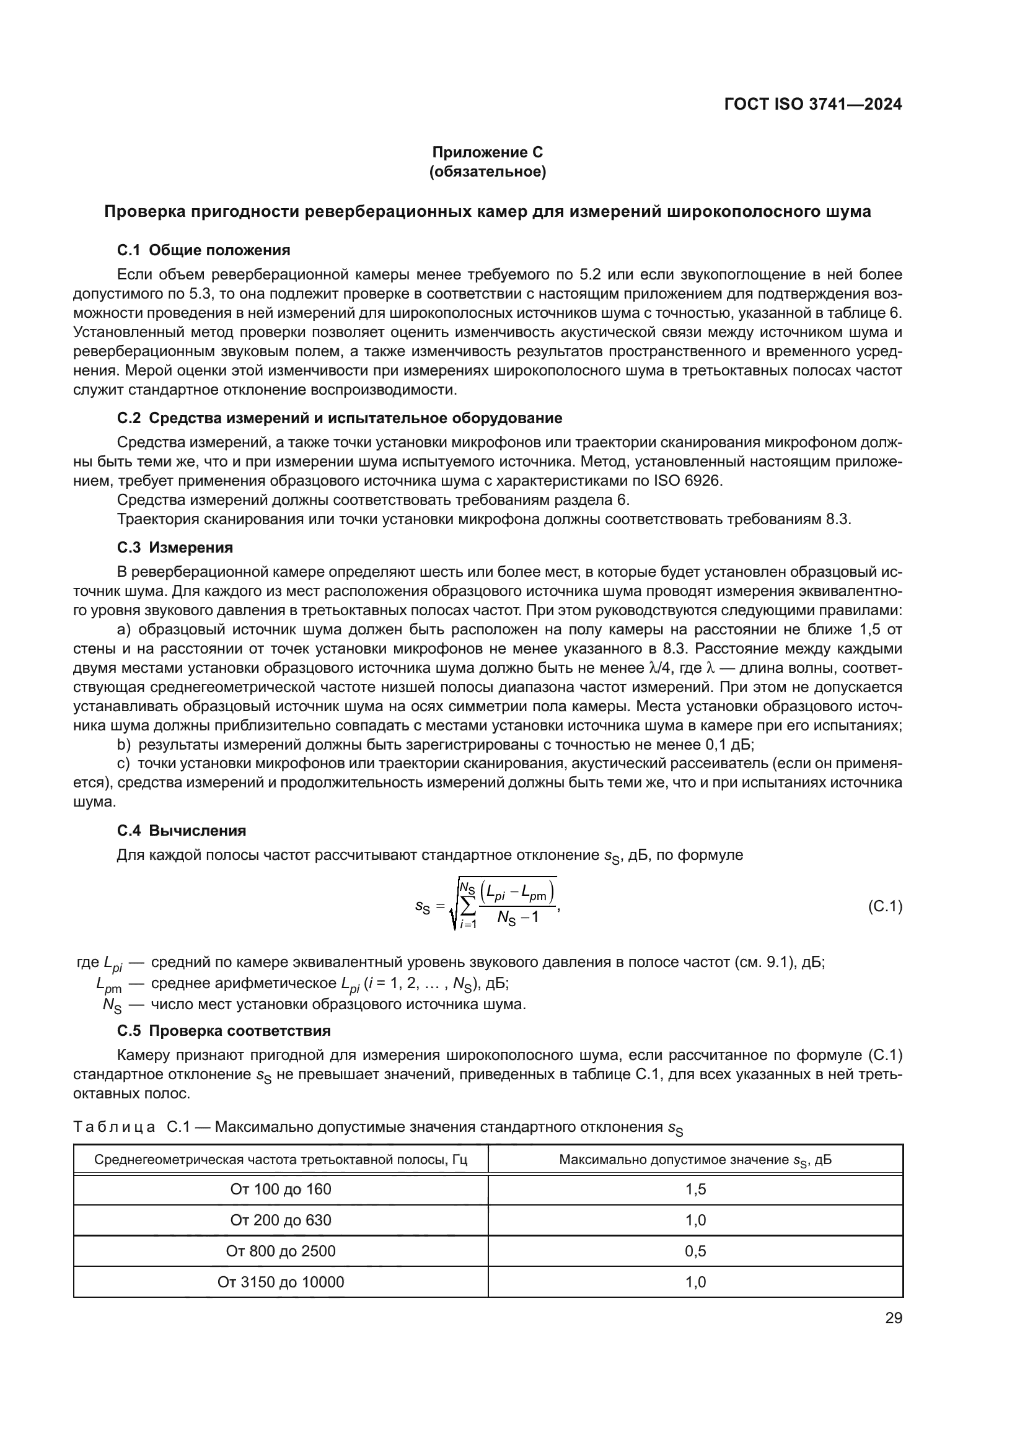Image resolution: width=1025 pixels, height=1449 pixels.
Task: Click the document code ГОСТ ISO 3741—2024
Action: tap(813, 104)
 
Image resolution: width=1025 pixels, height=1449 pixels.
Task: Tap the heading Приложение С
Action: tap(487, 152)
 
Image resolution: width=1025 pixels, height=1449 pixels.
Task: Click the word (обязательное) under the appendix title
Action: tap(487, 171)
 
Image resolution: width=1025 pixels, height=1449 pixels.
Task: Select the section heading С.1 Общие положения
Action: tap(203, 250)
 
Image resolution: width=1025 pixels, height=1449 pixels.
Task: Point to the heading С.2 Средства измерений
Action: tap(339, 418)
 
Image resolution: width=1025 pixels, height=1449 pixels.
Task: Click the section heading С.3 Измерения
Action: tap(175, 547)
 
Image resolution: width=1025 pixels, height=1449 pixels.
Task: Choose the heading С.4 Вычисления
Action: tap(181, 830)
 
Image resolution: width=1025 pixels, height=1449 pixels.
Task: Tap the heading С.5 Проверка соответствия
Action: tap(224, 1031)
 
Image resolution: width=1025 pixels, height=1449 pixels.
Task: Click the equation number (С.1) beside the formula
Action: tap(885, 907)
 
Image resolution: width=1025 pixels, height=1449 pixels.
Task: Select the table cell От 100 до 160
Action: tap(280, 1189)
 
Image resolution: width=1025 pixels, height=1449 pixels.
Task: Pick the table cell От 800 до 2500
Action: tap(280, 1251)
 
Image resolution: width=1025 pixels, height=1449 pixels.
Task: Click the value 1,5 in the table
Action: tap(695, 1189)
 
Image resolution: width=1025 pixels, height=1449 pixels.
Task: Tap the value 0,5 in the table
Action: tap(695, 1251)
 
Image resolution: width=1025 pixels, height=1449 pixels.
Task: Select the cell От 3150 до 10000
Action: tap(280, 1282)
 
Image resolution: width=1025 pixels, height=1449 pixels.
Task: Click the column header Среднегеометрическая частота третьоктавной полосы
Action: tap(280, 1160)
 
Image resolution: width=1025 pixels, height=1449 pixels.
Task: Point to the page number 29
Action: tap(893, 1318)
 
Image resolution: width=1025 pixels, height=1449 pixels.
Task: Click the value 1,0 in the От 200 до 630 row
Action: tap(695, 1220)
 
